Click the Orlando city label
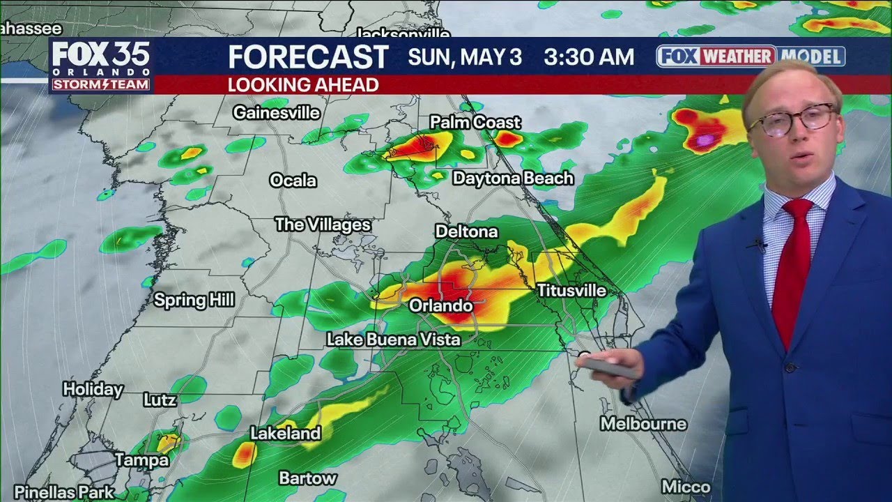click(440, 306)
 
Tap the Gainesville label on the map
click(277, 112)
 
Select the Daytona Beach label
click(513, 178)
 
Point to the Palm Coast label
click(475, 123)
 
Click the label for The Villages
click(323, 225)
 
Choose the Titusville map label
click(571, 291)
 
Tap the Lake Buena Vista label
click(394, 340)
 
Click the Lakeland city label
click(285, 433)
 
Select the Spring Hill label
click(194, 301)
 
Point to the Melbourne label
click(643, 424)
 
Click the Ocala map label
click(293, 181)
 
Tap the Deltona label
click(466, 231)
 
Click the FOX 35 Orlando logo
click(100, 65)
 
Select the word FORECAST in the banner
click(308, 57)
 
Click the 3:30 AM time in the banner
click(589, 57)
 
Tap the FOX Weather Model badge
click(751, 56)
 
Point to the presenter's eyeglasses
click(792, 121)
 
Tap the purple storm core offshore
click(705, 140)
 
